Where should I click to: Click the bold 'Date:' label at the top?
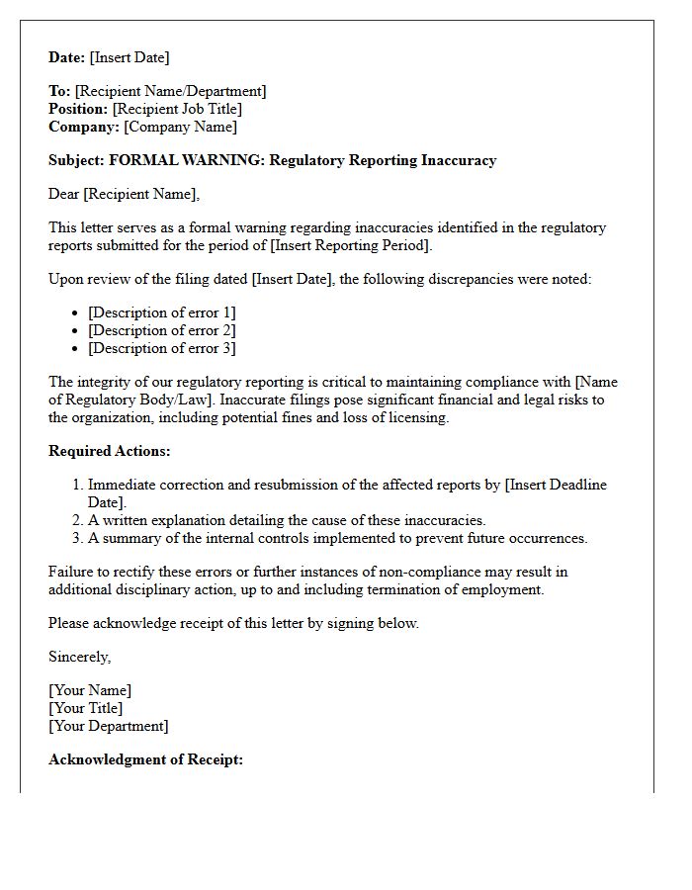tap(67, 57)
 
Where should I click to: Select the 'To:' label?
tap(59, 91)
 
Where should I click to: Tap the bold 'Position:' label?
tap(78, 109)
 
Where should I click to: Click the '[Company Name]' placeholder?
tap(180, 127)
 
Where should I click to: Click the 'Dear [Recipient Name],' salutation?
tap(124, 194)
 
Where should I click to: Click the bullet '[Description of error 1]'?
tap(161, 312)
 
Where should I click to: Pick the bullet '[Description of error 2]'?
tap(161, 330)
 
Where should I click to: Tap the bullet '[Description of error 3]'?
tap(161, 348)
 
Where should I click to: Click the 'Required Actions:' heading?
tap(110, 451)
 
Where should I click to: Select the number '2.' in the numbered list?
tap(77, 520)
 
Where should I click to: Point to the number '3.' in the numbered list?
tap(77, 538)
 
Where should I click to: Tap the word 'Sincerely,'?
tap(80, 657)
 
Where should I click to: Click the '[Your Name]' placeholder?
tap(90, 690)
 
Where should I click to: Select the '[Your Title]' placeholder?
tap(86, 708)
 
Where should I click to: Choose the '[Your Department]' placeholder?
tap(109, 726)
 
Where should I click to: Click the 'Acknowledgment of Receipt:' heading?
tap(145, 759)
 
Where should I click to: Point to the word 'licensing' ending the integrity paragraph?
tap(418, 417)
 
